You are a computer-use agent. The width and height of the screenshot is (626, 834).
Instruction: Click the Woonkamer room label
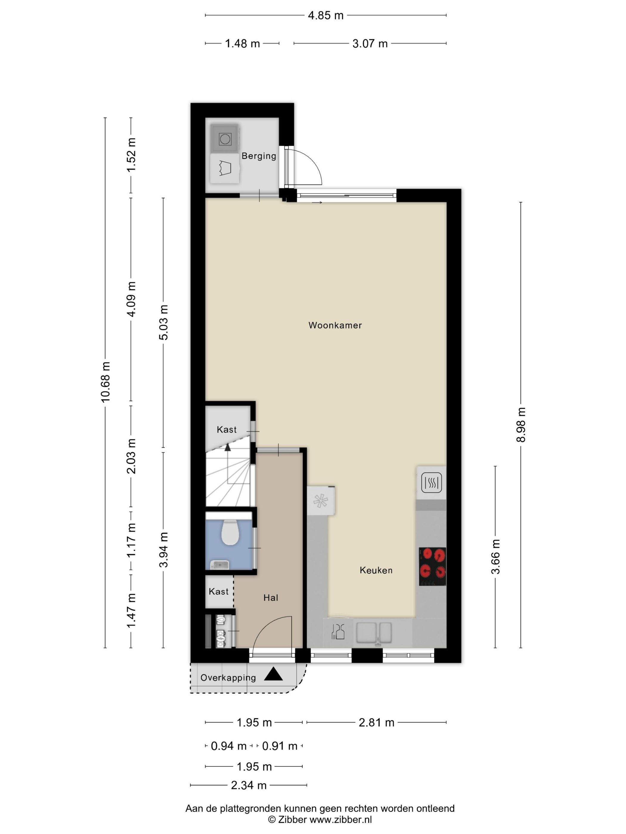pyautogui.click(x=335, y=325)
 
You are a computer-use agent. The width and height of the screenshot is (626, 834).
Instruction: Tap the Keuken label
pyautogui.click(x=376, y=570)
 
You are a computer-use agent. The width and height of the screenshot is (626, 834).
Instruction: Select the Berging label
pyautogui.click(x=259, y=156)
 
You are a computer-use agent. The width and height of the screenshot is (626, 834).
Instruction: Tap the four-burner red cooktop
pyautogui.click(x=433, y=567)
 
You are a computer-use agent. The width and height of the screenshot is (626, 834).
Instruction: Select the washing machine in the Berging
pyautogui.click(x=225, y=139)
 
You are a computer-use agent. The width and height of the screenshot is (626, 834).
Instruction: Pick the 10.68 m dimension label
pyautogui.click(x=106, y=382)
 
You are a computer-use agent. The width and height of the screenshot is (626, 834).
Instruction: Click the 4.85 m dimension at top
pyautogui.click(x=326, y=15)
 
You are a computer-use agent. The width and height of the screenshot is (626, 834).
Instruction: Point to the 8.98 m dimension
pyautogui.click(x=521, y=424)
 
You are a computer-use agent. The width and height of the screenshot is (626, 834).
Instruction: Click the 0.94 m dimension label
pyautogui.click(x=229, y=746)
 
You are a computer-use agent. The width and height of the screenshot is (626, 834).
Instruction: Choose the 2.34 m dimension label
pyautogui.click(x=249, y=785)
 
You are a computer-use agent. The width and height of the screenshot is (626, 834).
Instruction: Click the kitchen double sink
pyautogui.click(x=374, y=632)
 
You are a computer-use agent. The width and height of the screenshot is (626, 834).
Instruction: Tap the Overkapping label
pyautogui.click(x=228, y=678)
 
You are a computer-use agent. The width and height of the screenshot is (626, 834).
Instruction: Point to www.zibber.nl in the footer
pyautogui.click(x=341, y=819)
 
